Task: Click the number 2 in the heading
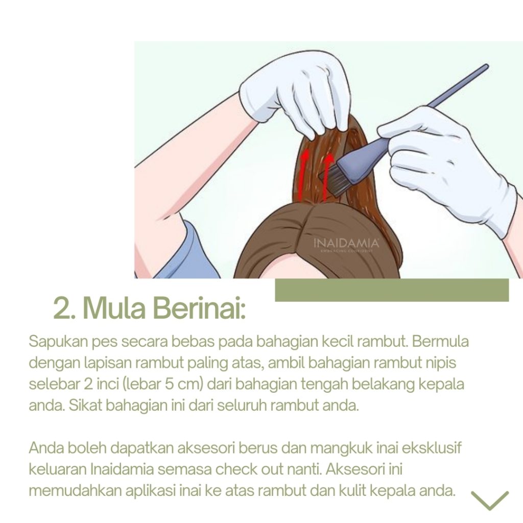click(62, 308)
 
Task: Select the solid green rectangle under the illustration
click(392, 290)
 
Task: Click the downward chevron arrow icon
click(490, 500)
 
